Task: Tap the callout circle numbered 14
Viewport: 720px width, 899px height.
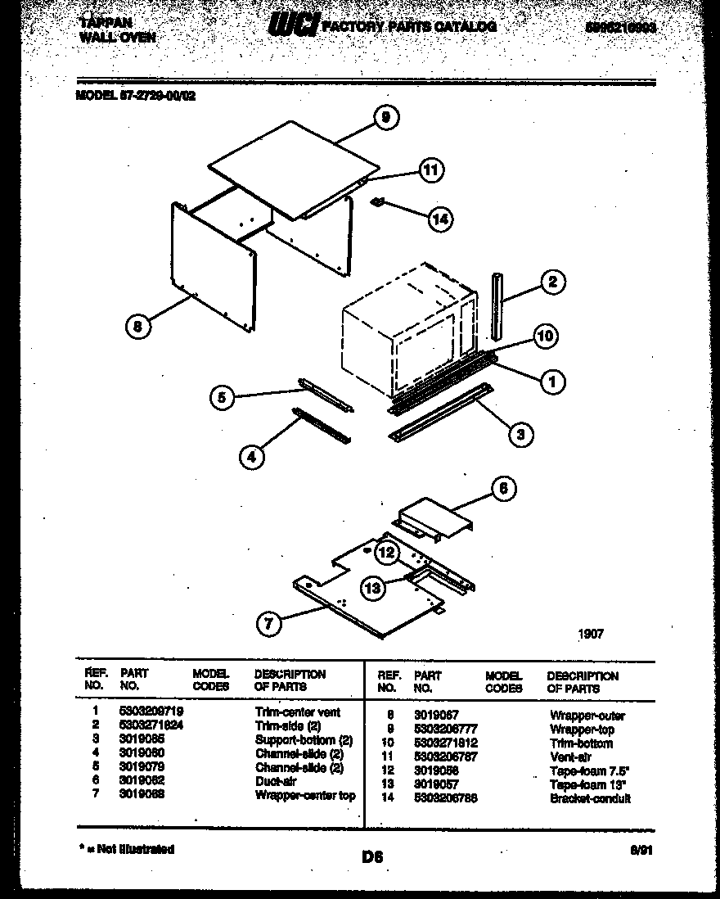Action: pyautogui.click(x=439, y=219)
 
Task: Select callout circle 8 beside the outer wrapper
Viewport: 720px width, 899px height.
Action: pyautogui.click(x=138, y=327)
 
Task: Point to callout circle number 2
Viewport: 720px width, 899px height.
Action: pyautogui.click(x=552, y=282)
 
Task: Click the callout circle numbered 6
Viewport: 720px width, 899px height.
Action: pyautogui.click(x=503, y=489)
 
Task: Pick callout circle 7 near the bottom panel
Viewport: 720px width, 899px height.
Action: pyautogui.click(x=268, y=624)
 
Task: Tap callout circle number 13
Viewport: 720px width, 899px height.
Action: pyautogui.click(x=372, y=586)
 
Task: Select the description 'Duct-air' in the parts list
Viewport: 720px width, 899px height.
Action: pyautogui.click(x=275, y=781)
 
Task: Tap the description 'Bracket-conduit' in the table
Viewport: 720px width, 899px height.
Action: pyautogui.click(x=590, y=798)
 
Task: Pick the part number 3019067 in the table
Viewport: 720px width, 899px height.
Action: pyautogui.click(x=436, y=715)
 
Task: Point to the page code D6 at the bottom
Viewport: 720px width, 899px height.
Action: pyautogui.click(x=372, y=857)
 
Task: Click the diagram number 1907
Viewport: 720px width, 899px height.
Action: pyautogui.click(x=590, y=633)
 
